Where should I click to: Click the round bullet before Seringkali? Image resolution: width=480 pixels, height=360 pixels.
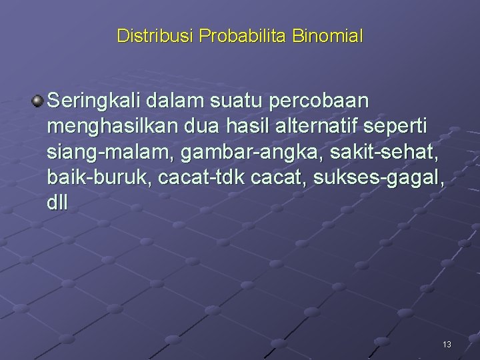point(37,101)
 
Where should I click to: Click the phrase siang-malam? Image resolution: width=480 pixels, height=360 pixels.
point(105,153)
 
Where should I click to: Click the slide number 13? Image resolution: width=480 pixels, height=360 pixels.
point(447,345)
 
